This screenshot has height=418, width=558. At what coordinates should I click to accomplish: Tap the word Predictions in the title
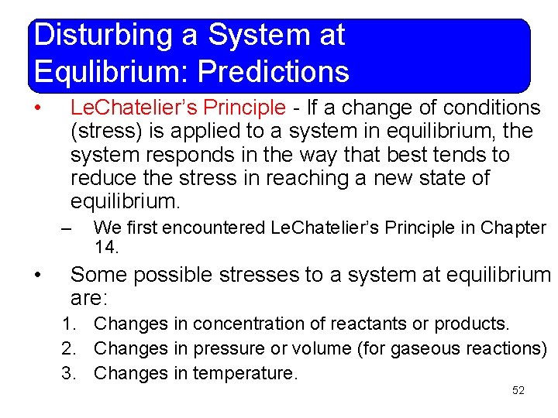tap(274, 72)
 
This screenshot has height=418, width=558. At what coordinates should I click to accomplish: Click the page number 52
tap(518, 390)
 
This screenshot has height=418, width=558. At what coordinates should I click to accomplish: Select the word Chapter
tap(513, 228)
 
